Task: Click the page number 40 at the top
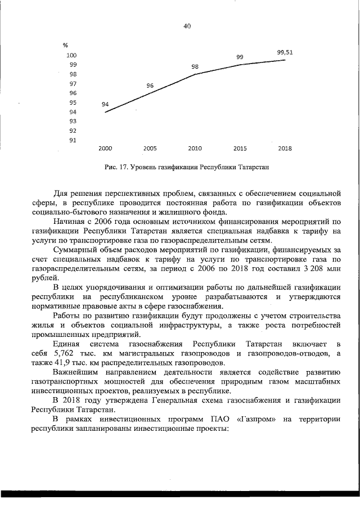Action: [x=187, y=26]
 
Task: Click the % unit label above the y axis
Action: [x=65, y=45]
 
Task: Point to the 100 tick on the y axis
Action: [x=71, y=56]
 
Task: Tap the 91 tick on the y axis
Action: [x=73, y=140]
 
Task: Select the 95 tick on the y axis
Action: [x=73, y=102]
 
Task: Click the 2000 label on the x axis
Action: [x=105, y=149]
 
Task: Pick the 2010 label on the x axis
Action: [x=195, y=149]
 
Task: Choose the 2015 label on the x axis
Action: [x=240, y=149]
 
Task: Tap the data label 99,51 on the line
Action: [x=285, y=52]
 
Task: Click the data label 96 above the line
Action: [x=150, y=85]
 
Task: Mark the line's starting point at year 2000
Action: [x=105, y=112]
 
